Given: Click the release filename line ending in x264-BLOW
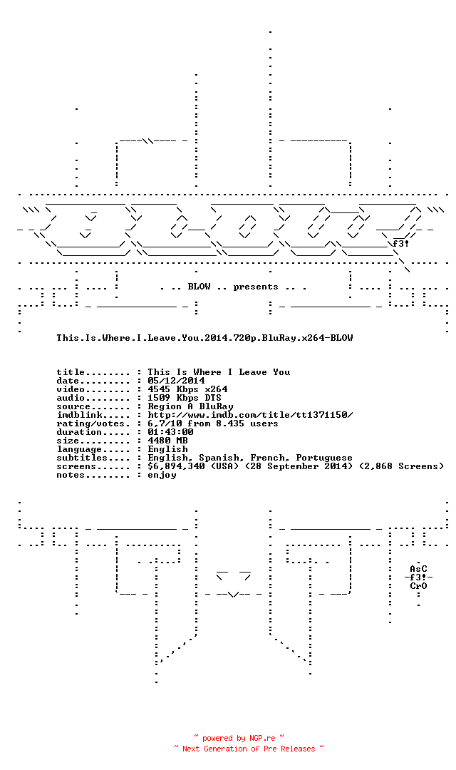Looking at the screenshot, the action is pyautogui.click(x=204, y=338).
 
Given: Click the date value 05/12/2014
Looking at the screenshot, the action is pyautogui.click(x=176, y=381).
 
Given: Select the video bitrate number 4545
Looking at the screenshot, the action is pyautogui.click(x=159, y=389).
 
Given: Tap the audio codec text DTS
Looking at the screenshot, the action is pyautogui.click(x=213, y=398).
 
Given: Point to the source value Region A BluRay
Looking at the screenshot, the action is pyautogui.click(x=190, y=406).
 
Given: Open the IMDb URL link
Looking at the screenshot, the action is pyautogui.click(x=250, y=415).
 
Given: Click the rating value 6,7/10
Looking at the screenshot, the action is pyautogui.click(x=165, y=423).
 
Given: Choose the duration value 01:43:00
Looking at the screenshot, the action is pyautogui.click(x=171, y=432).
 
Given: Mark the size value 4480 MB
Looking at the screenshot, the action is pyautogui.click(x=168, y=441).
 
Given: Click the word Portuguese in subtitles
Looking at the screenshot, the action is pyautogui.click(x=324, y=458).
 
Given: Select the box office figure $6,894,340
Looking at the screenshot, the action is pyautogui.click(x=176, y=466).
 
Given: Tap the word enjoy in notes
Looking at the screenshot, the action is pyautogui.click(x=162, y=476).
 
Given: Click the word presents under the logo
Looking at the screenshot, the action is pyautogui.click(x=256, y=287).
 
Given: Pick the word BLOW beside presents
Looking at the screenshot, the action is pyautogui.click(x=199, y=287).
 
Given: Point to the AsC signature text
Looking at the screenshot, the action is pyautogui.click(x=419, y=569).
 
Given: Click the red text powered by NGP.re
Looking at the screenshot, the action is pyautogui.click(x=239, y=738).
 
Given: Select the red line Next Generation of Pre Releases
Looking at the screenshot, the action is pyautogui.click(x=249, y=749).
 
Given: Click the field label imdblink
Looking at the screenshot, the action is pyautogui.click(x=80, y=415).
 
